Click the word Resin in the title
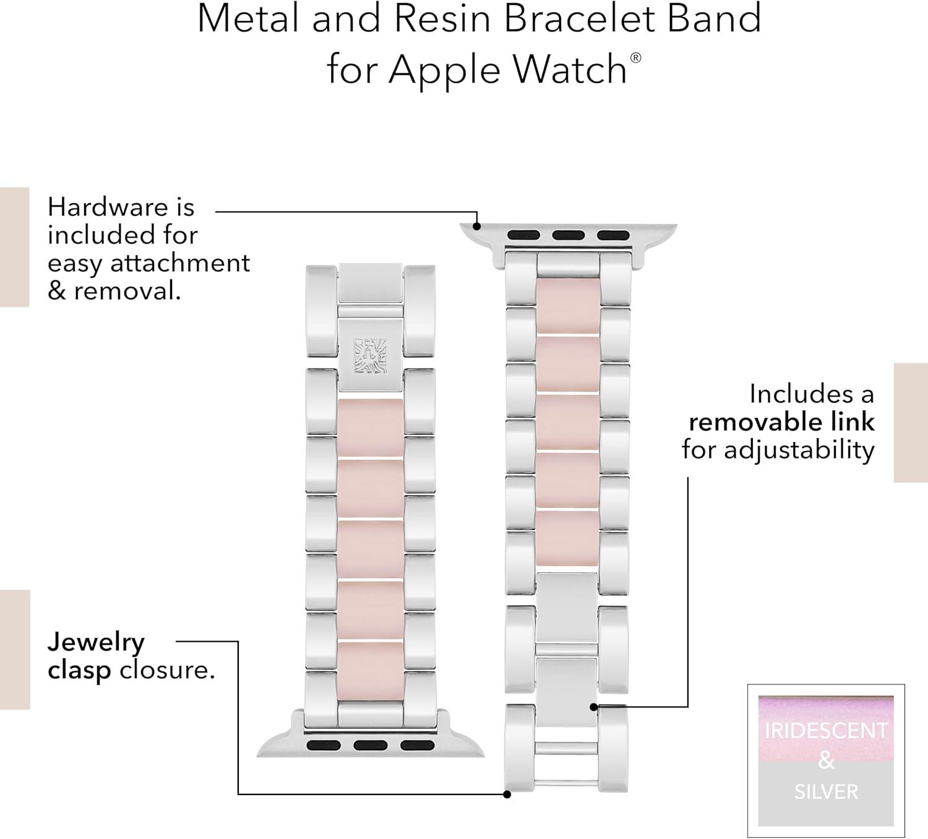coord(442,19)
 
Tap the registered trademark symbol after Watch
coord(636,58)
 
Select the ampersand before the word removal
coord(56,291)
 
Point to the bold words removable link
coord(781,422)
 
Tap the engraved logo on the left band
coord(370,355)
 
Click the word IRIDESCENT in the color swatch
coord(826,731)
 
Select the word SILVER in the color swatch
coord(826,792)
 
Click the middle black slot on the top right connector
coord(569,235)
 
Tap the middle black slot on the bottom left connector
coord(371,745)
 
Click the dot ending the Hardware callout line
coord(477,226)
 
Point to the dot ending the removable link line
coord(594,707)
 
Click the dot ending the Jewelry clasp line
coord(507,794)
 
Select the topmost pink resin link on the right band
coord(569,306)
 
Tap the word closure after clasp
coord(168,670)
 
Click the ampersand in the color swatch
coord(826,761)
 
